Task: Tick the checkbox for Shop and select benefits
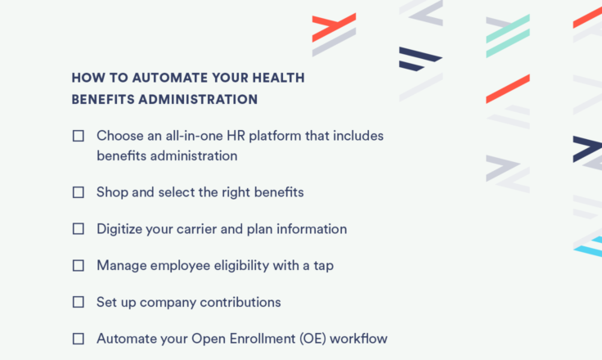(x=79, y=192)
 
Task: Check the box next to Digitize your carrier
(x=79, y=229)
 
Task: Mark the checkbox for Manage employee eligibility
(x=79, y=265)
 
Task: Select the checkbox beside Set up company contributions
(x=79, y=302)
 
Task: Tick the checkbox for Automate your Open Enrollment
(x=79, y=339)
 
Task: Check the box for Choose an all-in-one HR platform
(x=79, y=136)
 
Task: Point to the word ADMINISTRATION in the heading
(x=198, y=100)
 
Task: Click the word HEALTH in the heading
(x=278, y=78)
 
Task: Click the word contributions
(x=240, y=302)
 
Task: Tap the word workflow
(x=358, y=339)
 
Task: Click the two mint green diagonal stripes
(x=508, y=36)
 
